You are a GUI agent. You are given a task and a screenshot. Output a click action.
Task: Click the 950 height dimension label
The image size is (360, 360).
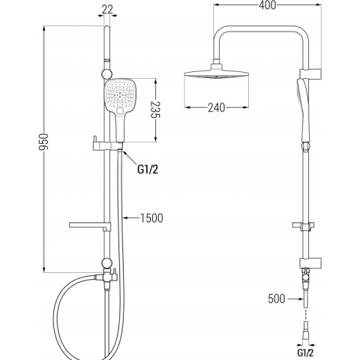click(x=43, y=142)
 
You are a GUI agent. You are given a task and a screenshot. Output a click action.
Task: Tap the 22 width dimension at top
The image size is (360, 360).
click(x=107, y=10)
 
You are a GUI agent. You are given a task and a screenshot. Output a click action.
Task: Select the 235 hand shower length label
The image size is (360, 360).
click(x=155, y=109)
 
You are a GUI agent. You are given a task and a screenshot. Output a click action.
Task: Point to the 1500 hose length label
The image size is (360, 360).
click(x=151, y=218)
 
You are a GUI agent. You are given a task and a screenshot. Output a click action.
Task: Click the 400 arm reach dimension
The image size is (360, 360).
click(x=268, y=5)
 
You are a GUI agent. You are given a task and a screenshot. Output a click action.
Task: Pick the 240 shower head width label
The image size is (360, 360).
click(x=217, y=108)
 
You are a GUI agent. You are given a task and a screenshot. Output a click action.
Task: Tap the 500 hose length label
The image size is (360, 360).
click(x=277, y=298)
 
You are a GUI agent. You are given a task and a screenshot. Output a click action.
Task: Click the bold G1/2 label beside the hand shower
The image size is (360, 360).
click(x=148, y=169)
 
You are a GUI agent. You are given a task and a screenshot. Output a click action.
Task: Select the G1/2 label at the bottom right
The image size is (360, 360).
click(x=305, y=352)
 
